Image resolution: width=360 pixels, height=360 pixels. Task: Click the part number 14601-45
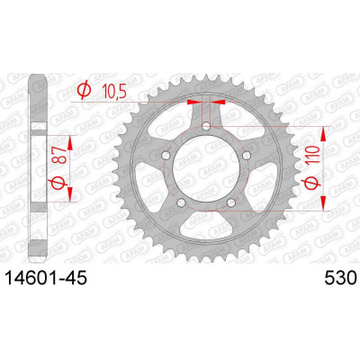[47, 279]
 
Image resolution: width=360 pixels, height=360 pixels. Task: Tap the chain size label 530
[340, 279]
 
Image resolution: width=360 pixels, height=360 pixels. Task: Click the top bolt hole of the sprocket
[206, 126]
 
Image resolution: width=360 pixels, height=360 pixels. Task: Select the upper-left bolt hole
[166, 156]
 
